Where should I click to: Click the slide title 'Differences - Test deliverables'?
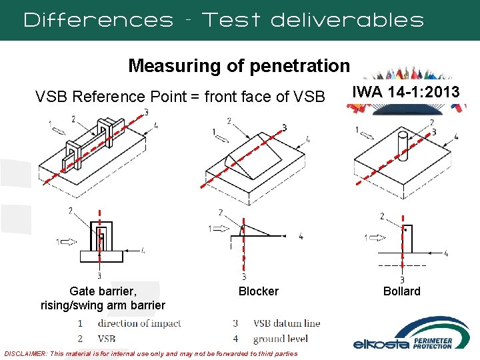[223, 19]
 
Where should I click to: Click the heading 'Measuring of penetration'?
[239, 65]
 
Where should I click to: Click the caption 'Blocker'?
[258, 291]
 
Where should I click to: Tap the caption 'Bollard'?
[401, 291]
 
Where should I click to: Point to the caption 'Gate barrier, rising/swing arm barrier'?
[103, 298]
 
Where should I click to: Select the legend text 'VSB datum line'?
[287, 323]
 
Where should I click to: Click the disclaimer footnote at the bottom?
[151, 353]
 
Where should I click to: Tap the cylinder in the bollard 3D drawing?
[402, 144]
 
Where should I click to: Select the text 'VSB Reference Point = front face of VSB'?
[179, 97]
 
